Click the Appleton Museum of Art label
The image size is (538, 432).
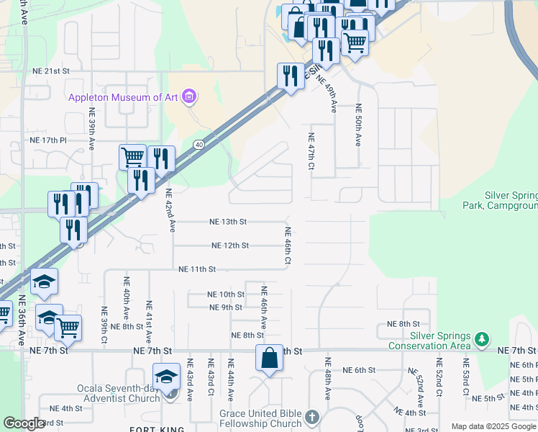pos(124,97)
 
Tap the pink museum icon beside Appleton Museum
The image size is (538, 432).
pos(189,96)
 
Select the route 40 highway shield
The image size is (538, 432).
pos(198,145)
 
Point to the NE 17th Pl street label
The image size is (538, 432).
pos(48,140)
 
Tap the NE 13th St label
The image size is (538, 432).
pos(228,222)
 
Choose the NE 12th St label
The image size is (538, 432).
pos(230,246)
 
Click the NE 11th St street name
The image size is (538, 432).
pos(197,269)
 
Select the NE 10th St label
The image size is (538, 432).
pos(226,294)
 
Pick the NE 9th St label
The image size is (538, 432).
pos(226,307)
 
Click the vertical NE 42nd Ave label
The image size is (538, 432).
pos(170,210)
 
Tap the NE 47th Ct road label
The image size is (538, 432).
pos(311,151)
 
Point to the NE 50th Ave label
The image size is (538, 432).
pos(357,125)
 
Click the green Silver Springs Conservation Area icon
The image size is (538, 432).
pos(483,338)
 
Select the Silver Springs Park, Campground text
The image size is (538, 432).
pos(509,200)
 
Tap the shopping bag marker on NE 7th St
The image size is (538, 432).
pos(269,358)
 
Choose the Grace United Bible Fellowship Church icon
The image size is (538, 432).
pos(311,417)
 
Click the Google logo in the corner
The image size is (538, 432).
pos(24,423)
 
